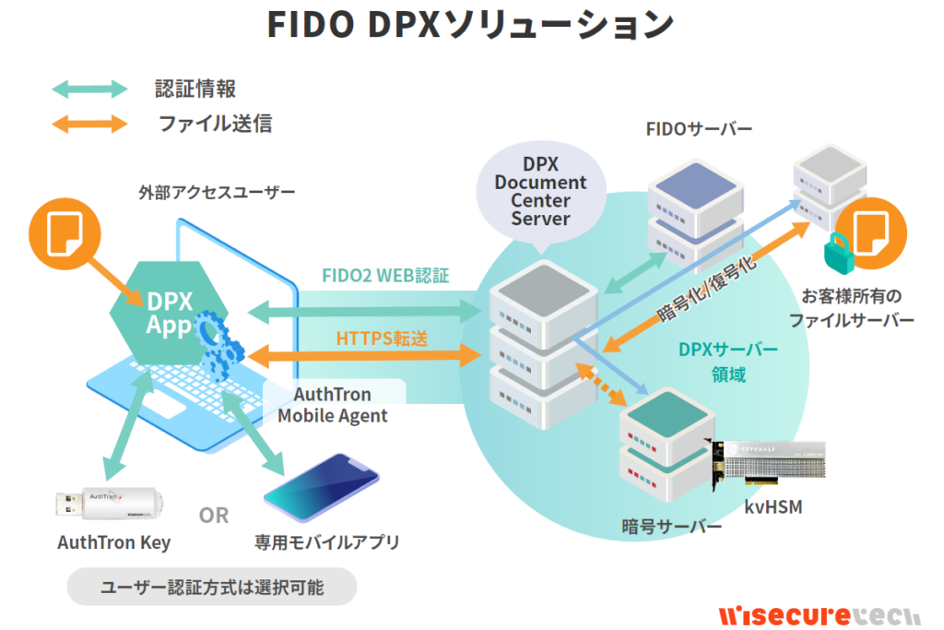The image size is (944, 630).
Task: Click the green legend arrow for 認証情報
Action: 89,89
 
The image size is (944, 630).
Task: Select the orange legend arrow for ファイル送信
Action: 89,123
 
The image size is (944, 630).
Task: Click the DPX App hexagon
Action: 167,313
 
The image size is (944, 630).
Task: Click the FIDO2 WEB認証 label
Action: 385,276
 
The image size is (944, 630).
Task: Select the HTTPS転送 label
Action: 382,339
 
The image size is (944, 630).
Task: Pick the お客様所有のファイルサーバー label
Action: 851,308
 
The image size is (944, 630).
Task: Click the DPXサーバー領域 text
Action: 727,363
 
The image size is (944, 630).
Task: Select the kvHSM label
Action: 769,506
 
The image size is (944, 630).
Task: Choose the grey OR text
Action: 214,515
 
